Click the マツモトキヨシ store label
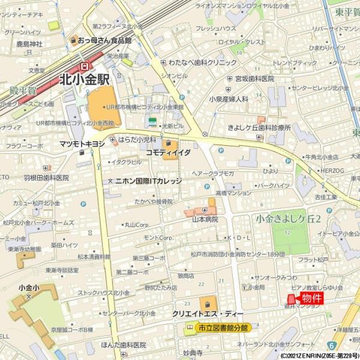[82, 144]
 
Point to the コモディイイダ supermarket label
[169, 153]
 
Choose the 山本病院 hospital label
[204, 220]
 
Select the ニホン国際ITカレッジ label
[143, 181]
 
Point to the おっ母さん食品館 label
[104, 41]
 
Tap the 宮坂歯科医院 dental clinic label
[254, 79]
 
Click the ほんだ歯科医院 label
[124, 345]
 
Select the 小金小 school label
[28, 288]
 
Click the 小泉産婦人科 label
[229, 99]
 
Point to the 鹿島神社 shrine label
[29, 44]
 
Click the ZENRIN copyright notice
[320, 356]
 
